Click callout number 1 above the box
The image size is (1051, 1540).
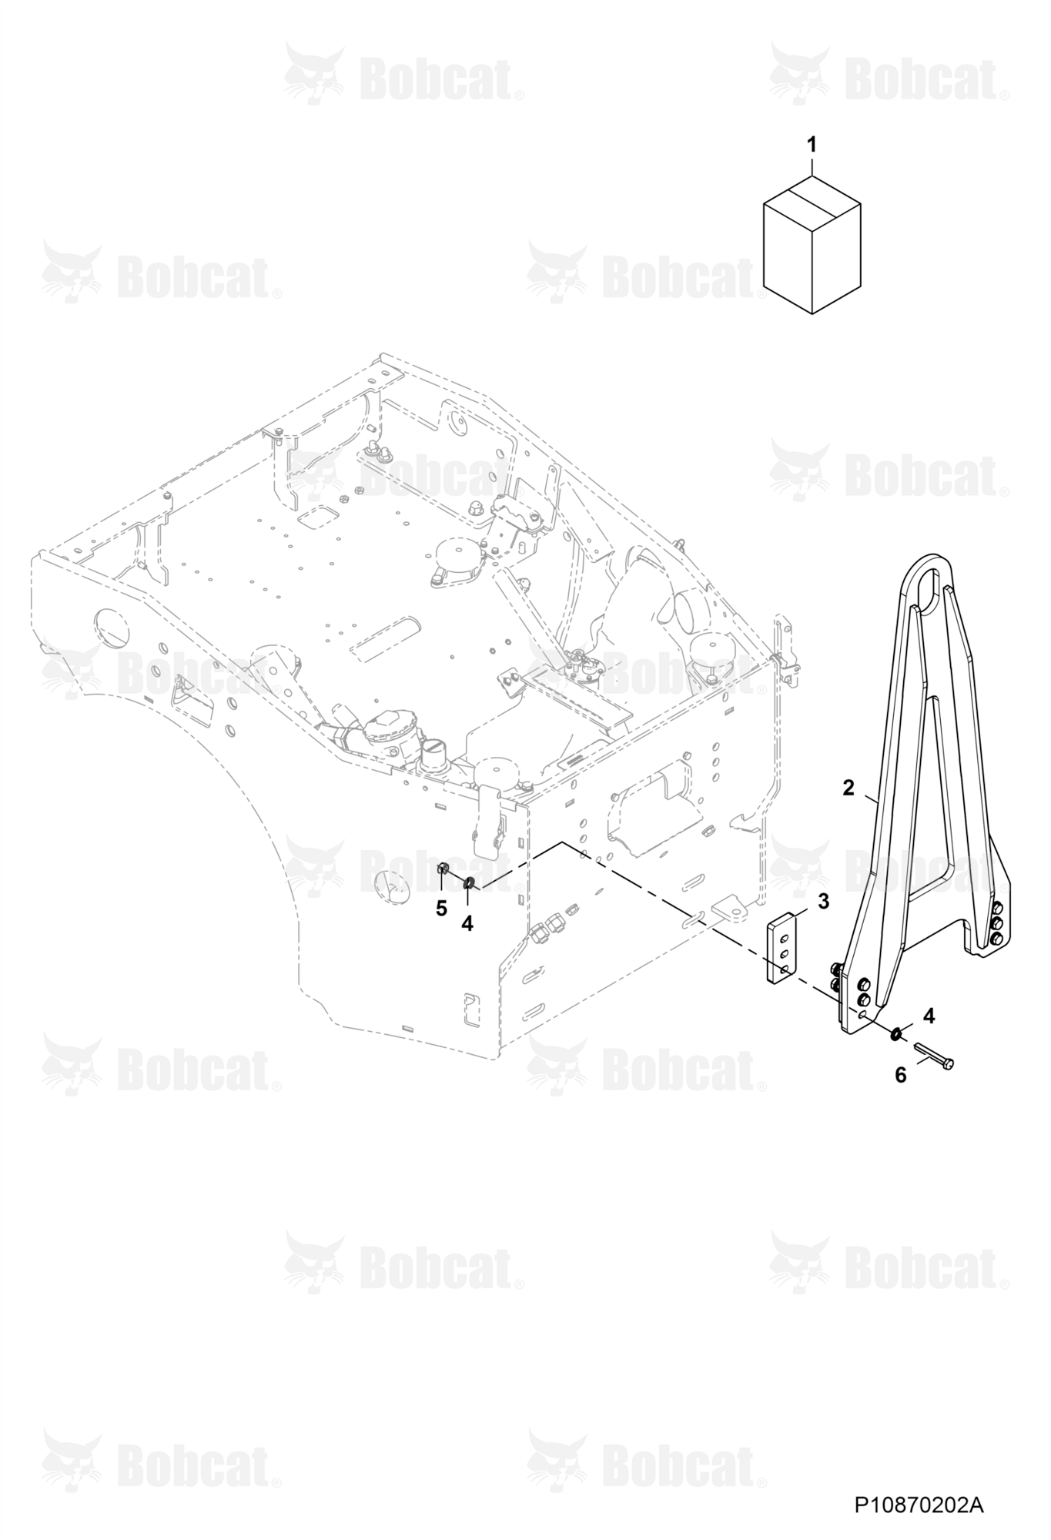[812, 144]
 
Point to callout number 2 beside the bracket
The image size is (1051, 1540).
[848, 788]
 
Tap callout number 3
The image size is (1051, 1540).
[824, 902]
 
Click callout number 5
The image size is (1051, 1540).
[441, 909]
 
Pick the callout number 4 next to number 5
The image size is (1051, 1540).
[467, 922]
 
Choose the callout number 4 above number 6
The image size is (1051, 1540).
[929, 1016]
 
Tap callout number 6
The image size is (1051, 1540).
[901, 1074]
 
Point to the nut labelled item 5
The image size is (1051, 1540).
[443, 869]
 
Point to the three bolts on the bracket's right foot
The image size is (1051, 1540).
[997, 922]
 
